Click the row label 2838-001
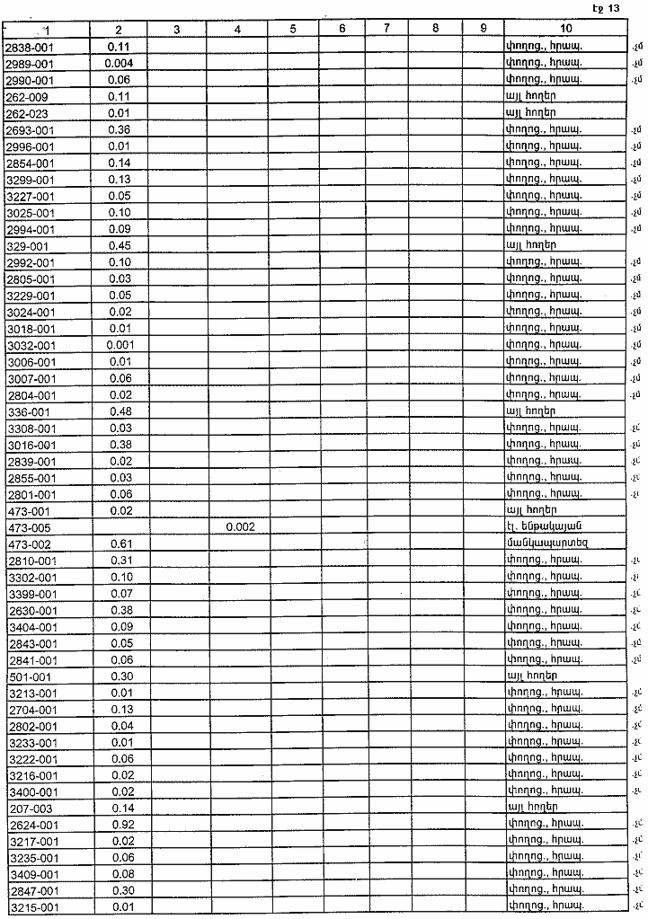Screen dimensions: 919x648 pyautogui.click(x=30, y=46)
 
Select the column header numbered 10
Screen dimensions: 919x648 pyautogui.click(x=565, y=29)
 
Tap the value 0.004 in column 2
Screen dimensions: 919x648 pyautogui.click(x=120, y=63)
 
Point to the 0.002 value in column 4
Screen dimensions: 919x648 pyautogui.click(x=237, y=527)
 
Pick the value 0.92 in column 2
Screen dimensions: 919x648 pyautogui.click(x=120, y=825)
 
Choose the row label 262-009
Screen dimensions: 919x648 pyautogui.click(x=27, y=96)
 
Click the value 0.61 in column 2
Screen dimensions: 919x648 pyautogui.click(x=120, y=543)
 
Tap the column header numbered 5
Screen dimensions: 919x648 pyautogui.click(x=294, y=29)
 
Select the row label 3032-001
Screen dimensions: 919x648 pyautogui.click(x=30, y=345)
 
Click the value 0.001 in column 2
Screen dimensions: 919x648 pyautogui.click(x=120, y=345)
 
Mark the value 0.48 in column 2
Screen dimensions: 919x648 pyautogui.click(x=120, y=411)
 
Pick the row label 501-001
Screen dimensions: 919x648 pyautogui.click(x=27, y=676)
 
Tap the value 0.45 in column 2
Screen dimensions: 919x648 pyautogui.click(x=120, y=245)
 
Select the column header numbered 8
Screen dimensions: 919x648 pyautogui.click(x=435, y=29)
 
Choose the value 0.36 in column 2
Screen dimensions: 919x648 pyautogui.click(x=120, y=129)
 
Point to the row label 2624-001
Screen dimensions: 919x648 pyautogui.click(x=31, y=825)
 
